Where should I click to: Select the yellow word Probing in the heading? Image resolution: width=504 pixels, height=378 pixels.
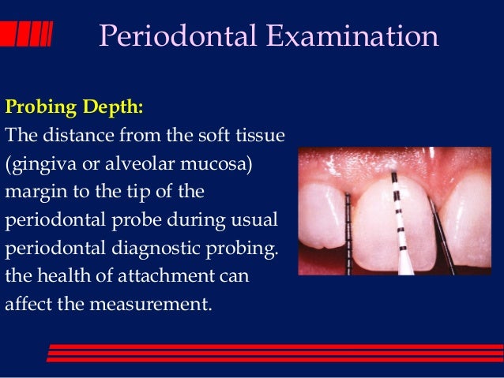tap(37, 105)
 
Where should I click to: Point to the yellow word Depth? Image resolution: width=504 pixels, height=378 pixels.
tap(105, 105)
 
